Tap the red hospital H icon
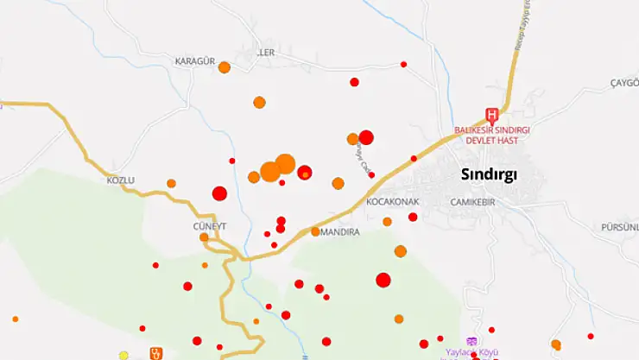[492, 114]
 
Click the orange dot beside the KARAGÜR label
[225, 67]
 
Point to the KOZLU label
[122, 181]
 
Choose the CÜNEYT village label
[209, 225]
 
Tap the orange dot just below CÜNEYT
[205, 237]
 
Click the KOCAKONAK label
[392, 201]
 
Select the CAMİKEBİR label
[471, 201]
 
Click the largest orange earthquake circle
[285, 164]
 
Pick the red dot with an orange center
[305, 173]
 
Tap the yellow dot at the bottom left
[123, 355]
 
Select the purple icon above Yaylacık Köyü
[471, 341]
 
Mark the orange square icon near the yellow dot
[156, 352]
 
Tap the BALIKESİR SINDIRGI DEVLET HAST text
[491, 135]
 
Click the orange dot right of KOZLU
[171, 183]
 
